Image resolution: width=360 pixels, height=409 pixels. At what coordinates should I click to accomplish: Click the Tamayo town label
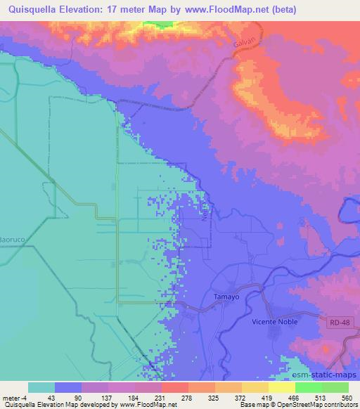[x=226, y=297]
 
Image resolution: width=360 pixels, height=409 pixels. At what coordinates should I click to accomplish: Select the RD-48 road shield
[x=338, y=323]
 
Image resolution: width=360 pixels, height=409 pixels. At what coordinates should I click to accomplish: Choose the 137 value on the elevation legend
[x=108, y=398]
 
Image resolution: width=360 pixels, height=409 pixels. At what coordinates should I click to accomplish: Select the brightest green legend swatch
[x=309, y=387]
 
